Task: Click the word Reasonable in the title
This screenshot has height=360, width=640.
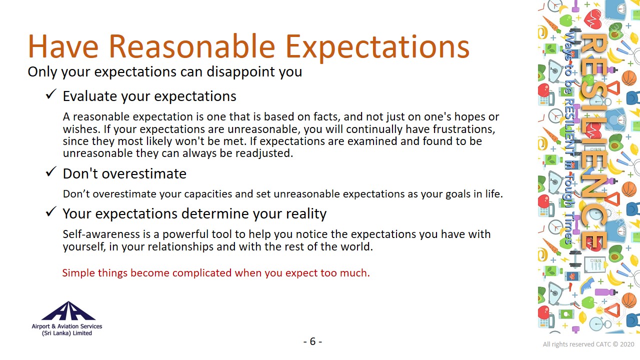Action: click(x=191, y=46)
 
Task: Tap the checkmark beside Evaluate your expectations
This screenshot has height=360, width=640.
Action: click(x=51, y=94)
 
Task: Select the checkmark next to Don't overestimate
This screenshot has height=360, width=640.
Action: click(x=51, y=171)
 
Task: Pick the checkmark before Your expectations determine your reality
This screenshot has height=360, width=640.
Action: click(x=51, y=211)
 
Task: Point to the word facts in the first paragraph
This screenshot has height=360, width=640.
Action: click(x=326, y=116)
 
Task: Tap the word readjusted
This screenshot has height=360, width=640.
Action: click(x=264, y=153)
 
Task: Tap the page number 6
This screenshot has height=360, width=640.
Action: click(x=313, y=341)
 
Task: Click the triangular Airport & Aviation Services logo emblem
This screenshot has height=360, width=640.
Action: click(x=68, y=310)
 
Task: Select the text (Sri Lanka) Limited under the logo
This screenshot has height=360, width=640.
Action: click(x=67, y=333)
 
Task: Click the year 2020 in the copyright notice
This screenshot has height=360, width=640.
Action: click(x=627, y=344)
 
